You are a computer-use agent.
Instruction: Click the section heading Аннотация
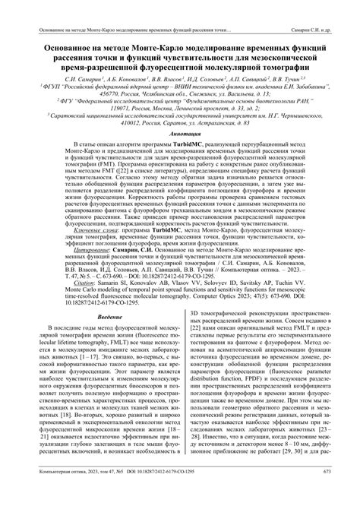(180, 152)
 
